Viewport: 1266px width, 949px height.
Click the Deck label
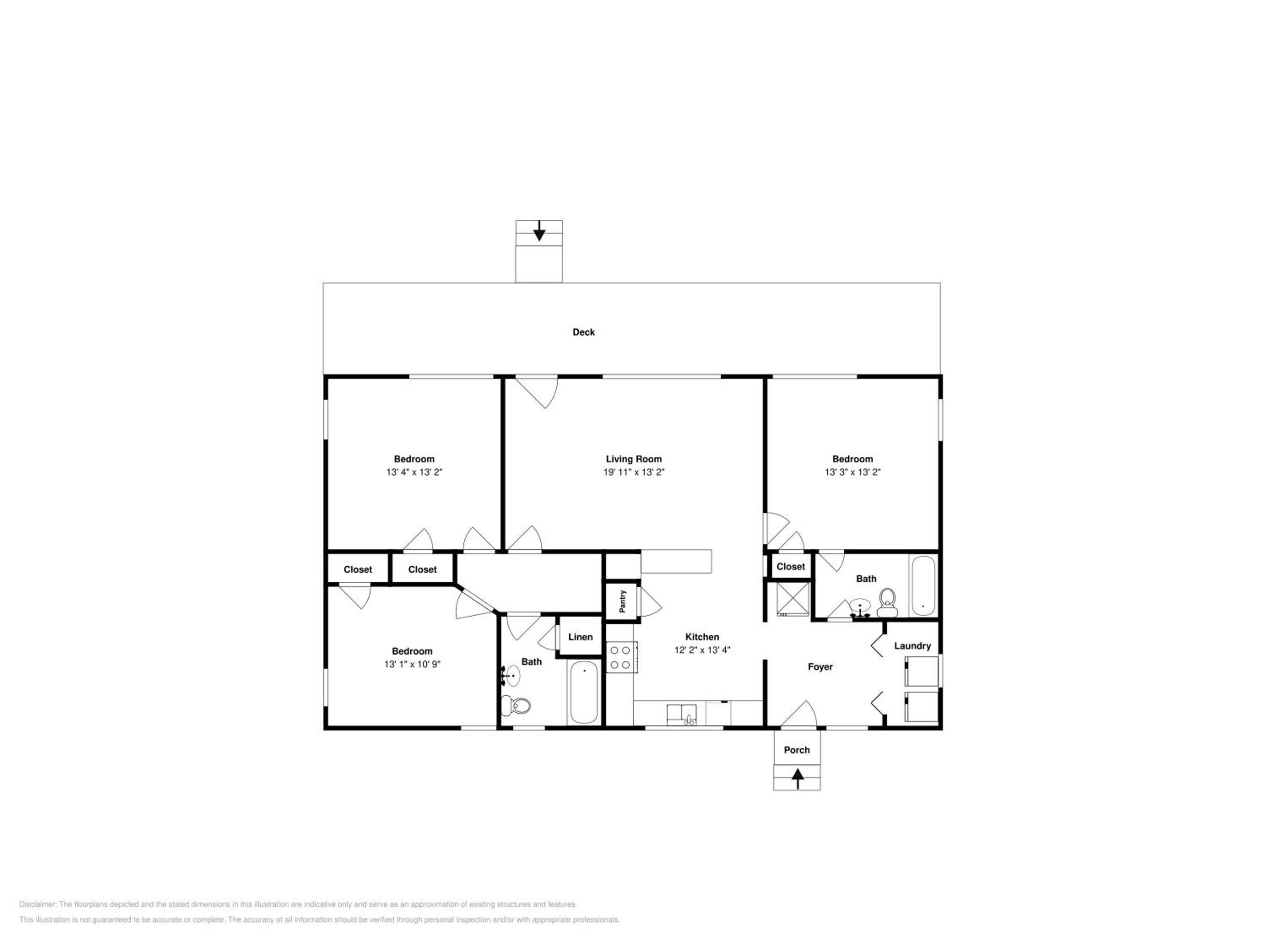pyautogui.click(x=583, y=332)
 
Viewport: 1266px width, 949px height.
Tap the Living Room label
pyautogui.click(x=633, y=459)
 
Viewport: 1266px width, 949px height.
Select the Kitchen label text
pyautogui.click(x=702, y=636)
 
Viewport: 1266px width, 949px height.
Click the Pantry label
pyautogui.click(x=623, y=601)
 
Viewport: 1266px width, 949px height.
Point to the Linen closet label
pyautogui.click(x=580, y=636)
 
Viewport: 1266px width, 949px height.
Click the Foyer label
pyautogui.click(x=820, y=666)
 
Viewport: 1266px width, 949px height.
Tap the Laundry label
pyautogui.click(x=912, y=646)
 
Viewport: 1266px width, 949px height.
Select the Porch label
pyautogui.click(x=797, y=750)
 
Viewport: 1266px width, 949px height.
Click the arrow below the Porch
pyautogui.click(x=797, y=779)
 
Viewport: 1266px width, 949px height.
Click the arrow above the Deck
pyautogui.click(x=538, y=231)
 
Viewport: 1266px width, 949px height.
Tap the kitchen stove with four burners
pyautogui.click(x=621, y=657)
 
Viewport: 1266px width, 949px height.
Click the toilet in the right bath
pyautogui.click(x=887, y=603)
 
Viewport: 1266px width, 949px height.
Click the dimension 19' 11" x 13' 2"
pyautogui.click(x=633, y=472)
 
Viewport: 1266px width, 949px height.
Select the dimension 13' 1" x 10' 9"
pyautogui.click(x=412, y=664)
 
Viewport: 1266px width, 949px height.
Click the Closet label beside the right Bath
pyautogui.click(x=790, y=566)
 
